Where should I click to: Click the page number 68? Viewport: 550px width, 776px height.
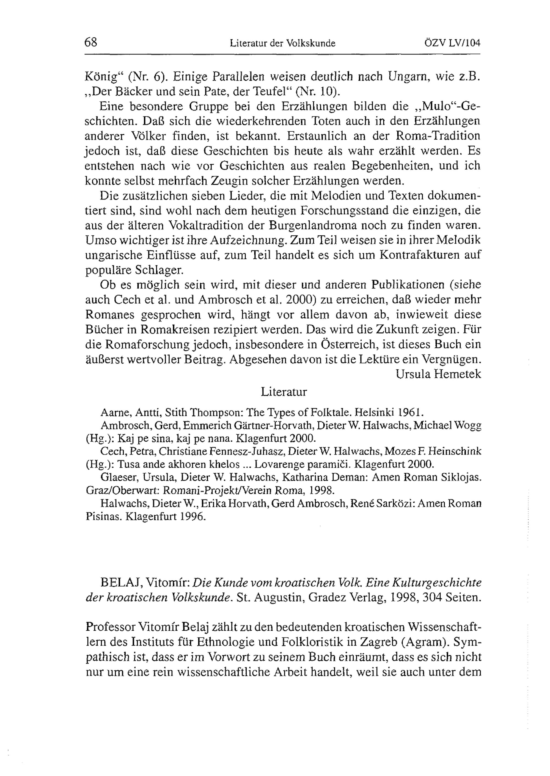(x=91, y=43)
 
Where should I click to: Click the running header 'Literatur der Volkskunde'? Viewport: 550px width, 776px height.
(x=282, y=43)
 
